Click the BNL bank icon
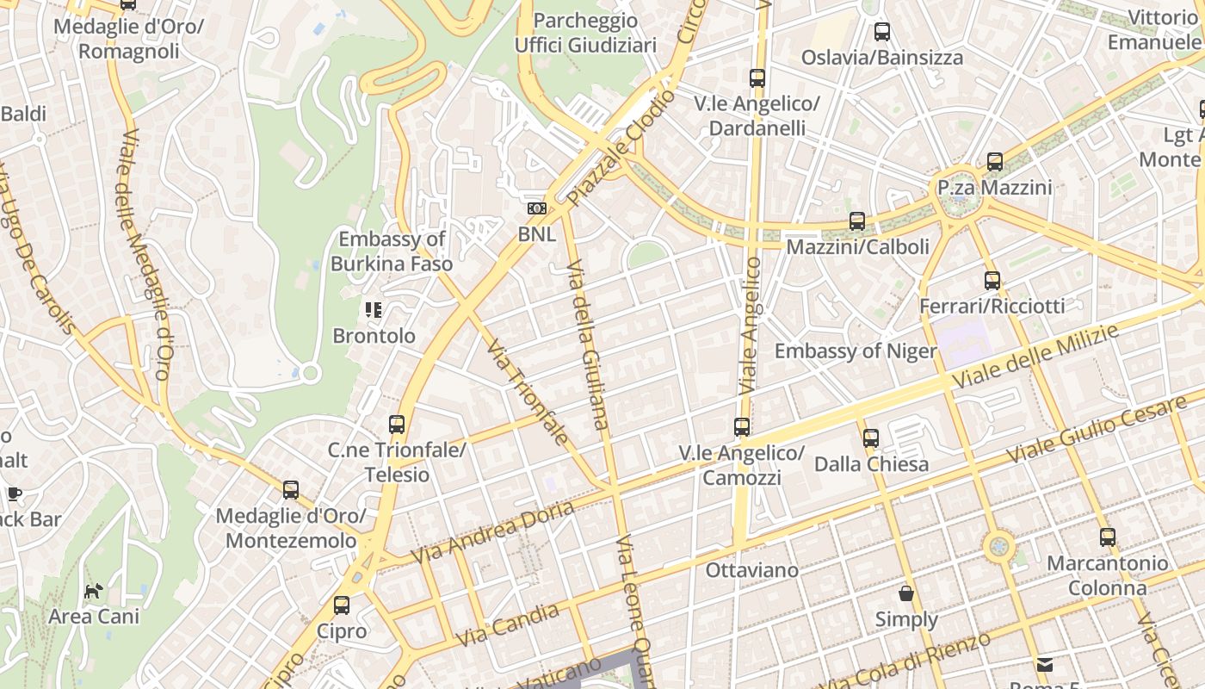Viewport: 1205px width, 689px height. tap(536, 208)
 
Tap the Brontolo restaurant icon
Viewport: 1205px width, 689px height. tap(374, 310)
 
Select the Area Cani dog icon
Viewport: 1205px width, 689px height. tap(93, 591)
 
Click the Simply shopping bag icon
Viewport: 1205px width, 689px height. tap(906, 593)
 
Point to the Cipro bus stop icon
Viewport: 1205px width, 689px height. tap(342, 605)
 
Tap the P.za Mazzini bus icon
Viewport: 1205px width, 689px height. tap(995, 162)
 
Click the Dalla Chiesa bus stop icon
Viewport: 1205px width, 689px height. tap(871, 438)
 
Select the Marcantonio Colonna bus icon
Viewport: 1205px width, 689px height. tap(1108, 537)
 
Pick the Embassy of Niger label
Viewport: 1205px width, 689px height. tap(855, 351)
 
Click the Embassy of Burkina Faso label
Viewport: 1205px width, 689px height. tap(392, 251)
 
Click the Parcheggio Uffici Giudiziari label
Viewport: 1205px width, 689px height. tap(585, 33)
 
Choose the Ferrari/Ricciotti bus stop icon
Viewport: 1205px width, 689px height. tap(992, 281)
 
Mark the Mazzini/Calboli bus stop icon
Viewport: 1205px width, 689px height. tap(857, 221)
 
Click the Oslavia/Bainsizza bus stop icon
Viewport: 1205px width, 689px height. tap(882, 33)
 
